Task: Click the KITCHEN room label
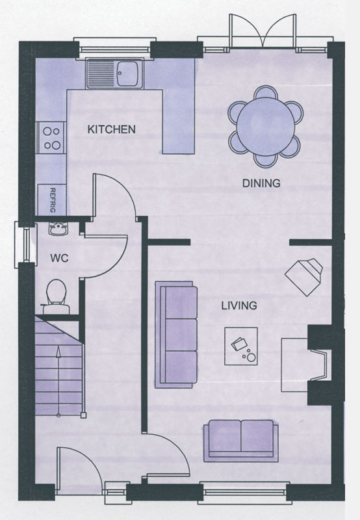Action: point(111,129)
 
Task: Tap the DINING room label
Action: point(261,183)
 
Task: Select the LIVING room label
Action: point(239,305)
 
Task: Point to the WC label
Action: point(59,258)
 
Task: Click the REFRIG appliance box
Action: point(52,200)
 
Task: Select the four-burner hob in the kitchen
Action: point(52,138)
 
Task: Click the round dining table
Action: point(266,126)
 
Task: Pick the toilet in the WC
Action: point(56,296)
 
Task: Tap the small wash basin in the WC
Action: point(58,229)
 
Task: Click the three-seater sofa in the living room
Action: point(175,335)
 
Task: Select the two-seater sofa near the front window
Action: point(240,441)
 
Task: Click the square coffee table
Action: point(241,346)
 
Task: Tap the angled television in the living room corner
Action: point(304,277)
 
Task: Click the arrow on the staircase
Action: point(58,382)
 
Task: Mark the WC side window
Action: point(25,245)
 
